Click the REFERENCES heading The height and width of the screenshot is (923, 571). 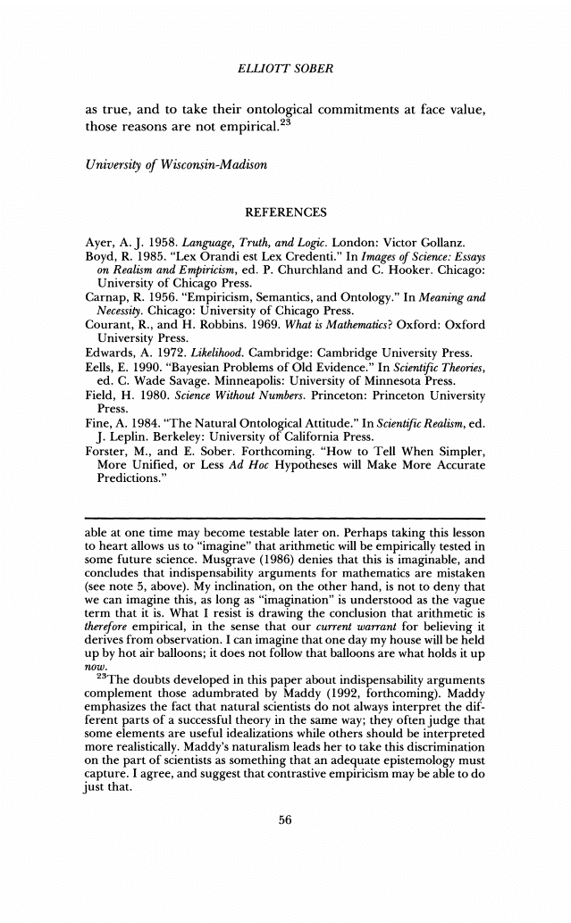coord(285,212)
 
